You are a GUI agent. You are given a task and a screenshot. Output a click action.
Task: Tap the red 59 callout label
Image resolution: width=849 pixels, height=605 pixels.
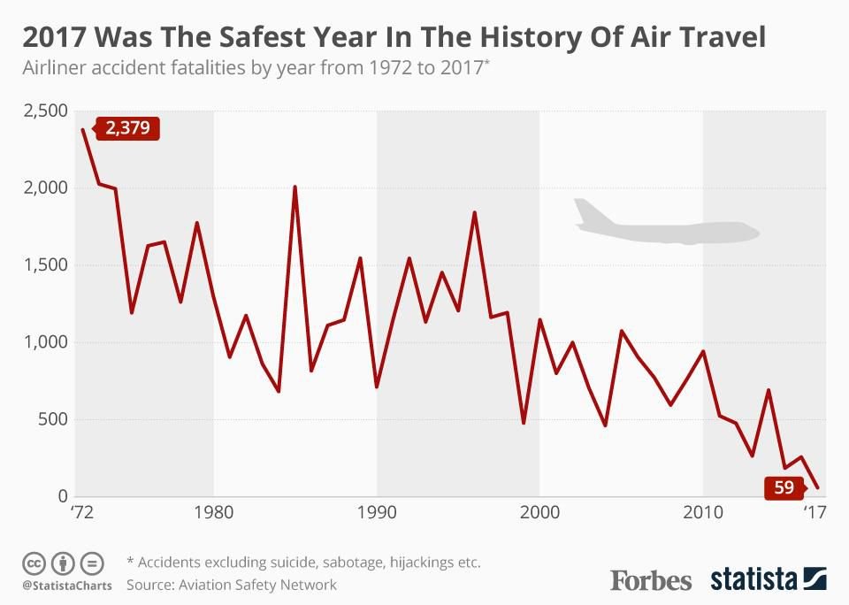tap(783, 487)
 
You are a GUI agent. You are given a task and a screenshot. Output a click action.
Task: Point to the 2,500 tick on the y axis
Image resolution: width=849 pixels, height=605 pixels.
tap(43, 111)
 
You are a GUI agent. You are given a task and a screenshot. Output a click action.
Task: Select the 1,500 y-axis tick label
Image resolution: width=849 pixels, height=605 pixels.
tap(43, 265)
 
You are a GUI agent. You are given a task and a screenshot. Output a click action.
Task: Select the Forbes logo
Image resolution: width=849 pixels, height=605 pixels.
tap(651, 580)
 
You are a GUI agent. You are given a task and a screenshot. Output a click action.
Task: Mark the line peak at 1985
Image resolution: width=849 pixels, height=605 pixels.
tap(294, 187)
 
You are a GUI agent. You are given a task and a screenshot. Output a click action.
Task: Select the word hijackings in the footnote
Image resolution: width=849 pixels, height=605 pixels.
tap(404, 563)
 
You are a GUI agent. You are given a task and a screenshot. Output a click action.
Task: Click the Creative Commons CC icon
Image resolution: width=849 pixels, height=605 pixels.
tap(34, 563)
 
